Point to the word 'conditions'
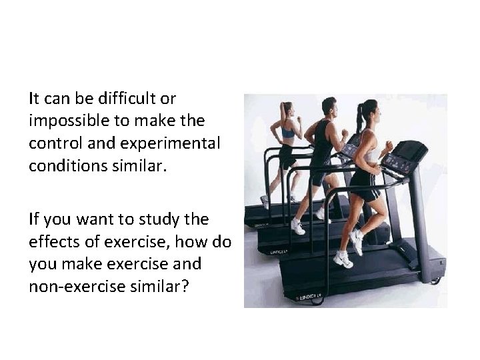(65, 165)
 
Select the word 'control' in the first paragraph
(53, 143)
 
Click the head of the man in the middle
(329, 107)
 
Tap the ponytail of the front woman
(361, 119)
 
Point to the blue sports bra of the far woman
(288, 133)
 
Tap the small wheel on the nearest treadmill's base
(435, 281)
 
